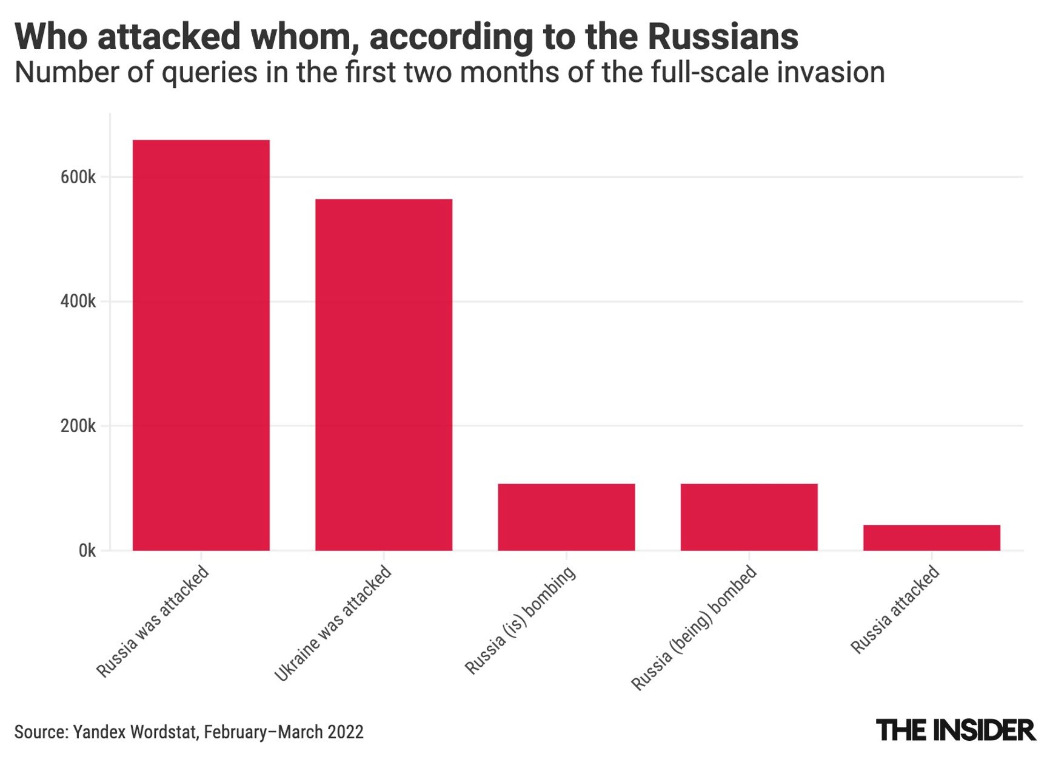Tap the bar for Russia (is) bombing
(x=566, y=517)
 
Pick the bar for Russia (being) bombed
(x=749, y=517)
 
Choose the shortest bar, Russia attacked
(x=931, y=538)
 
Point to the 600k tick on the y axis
(x=78, y=178)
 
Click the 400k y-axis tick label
(x=78, y=302)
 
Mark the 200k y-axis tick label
(x=78, y=427)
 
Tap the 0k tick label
(x=87, y=551)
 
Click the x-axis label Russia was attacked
(x=153, y=621)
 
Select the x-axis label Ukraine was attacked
(x=332, y=623)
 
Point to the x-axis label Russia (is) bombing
(x=520, y=620)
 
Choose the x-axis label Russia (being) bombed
(x=694, y=628)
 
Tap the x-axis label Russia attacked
(x=895, y=610)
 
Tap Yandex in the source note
(x=95, y=732)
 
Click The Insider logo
(x=955, y=730)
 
